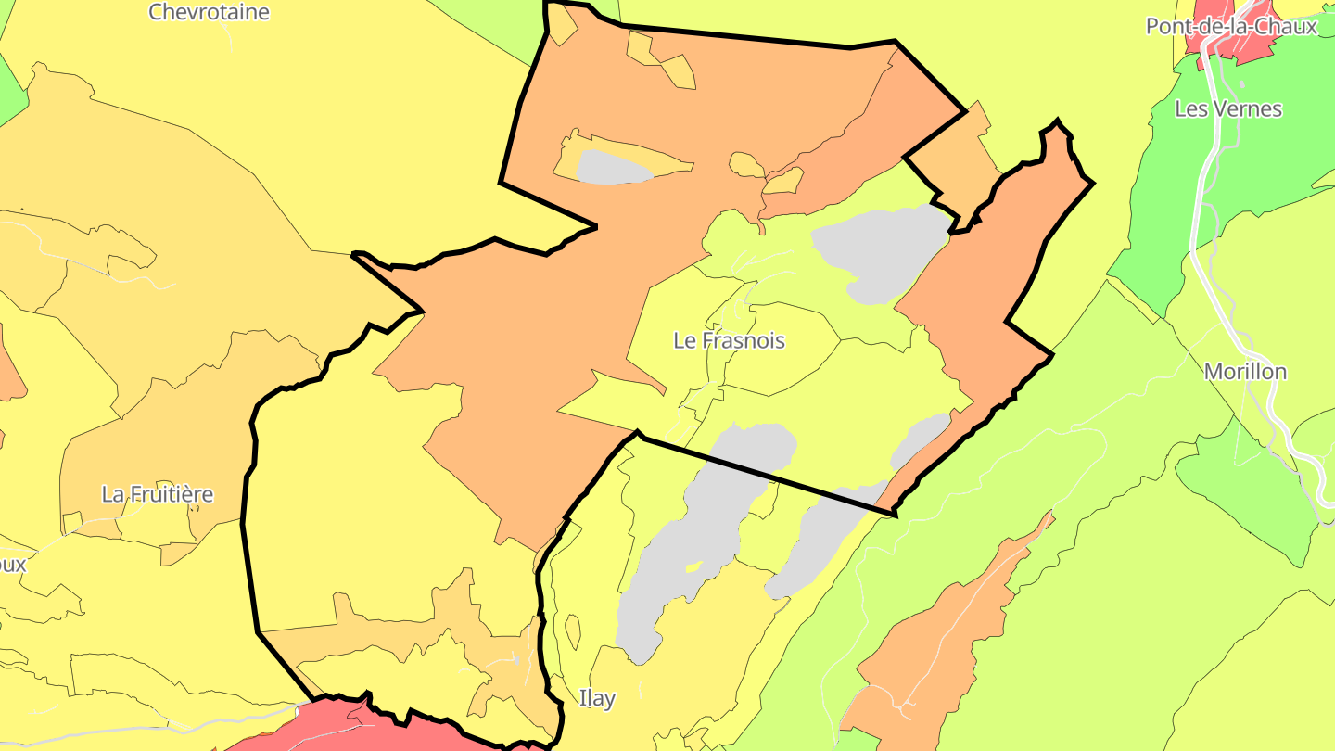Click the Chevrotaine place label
coord(209,12)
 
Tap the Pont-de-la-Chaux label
coord(1231,26)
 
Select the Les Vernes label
coord(1227,108)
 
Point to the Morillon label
coord(1245,372)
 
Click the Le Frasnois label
coord(729,340)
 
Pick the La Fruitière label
coord(157,494)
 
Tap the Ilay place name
coord(596,698)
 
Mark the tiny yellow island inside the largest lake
coord(693,566)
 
